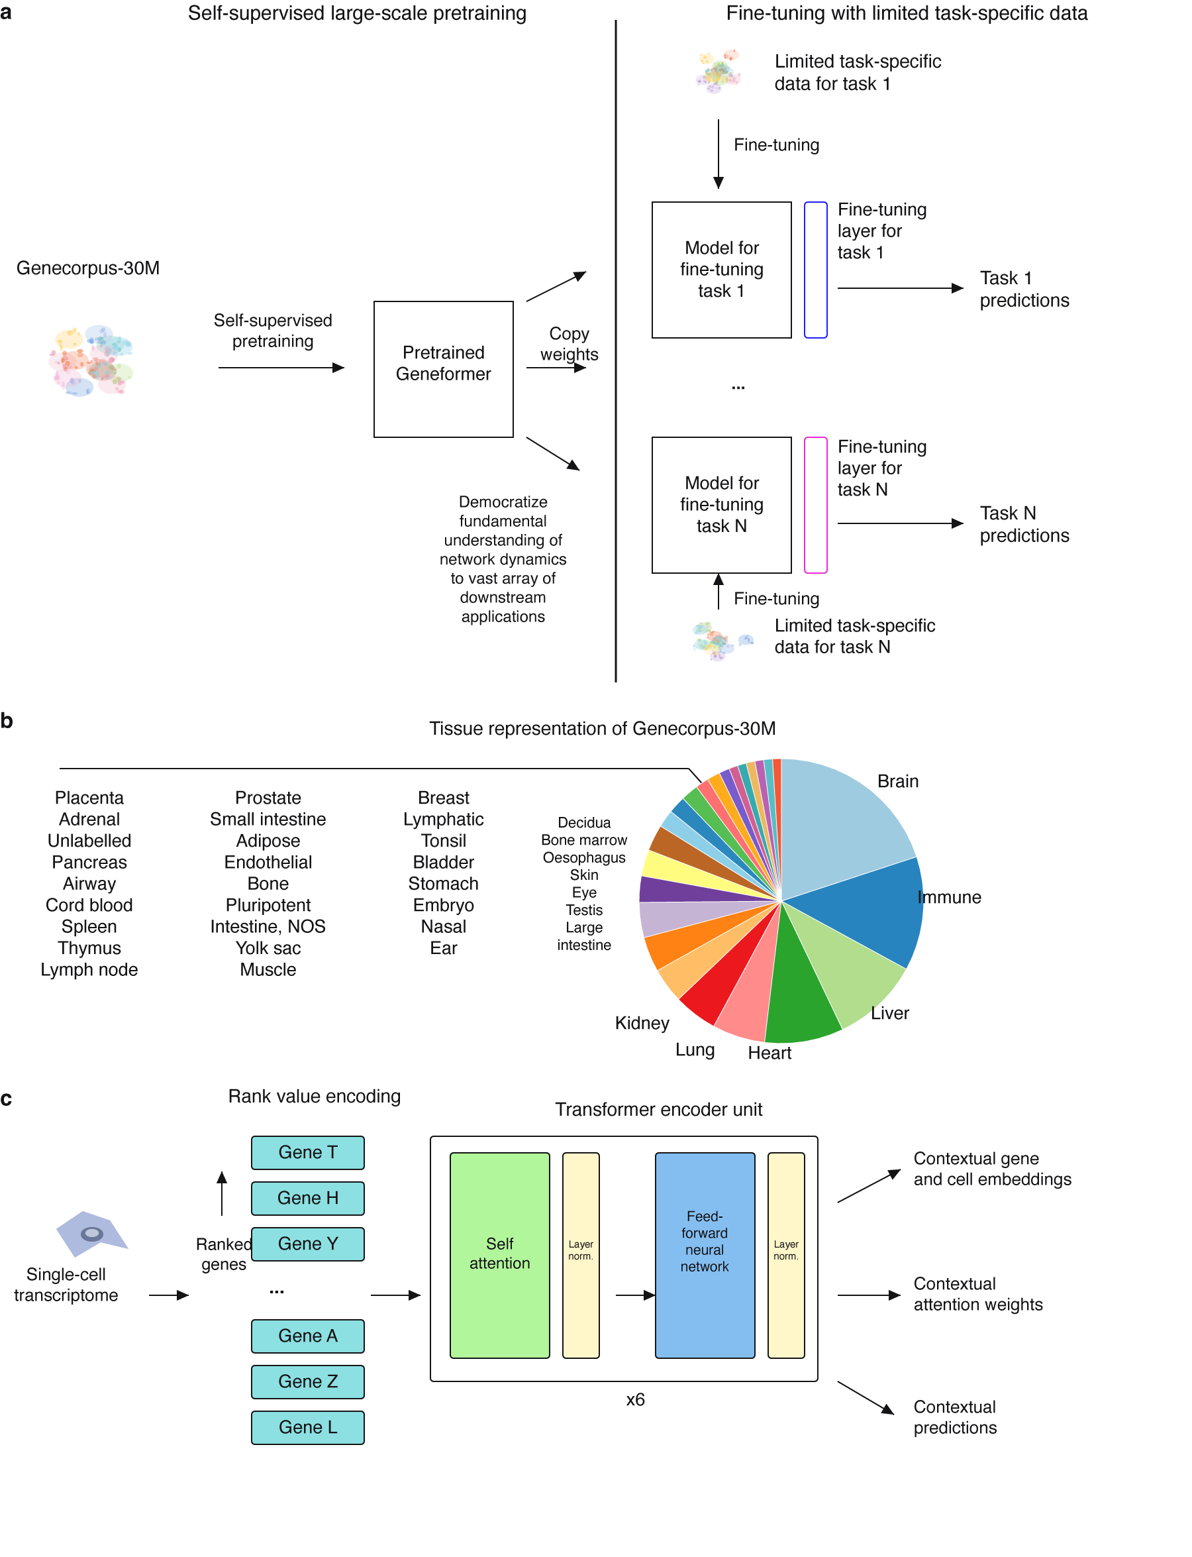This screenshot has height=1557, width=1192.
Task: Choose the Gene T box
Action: [308, 1152]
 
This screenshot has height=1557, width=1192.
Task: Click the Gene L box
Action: [308, 1427]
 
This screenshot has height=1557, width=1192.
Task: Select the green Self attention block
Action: [499, 1256]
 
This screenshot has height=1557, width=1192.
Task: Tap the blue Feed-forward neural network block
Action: [705, 1256]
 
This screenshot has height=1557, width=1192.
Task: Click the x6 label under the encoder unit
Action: [635, 1399]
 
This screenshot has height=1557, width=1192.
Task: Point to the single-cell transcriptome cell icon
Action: [91, 1234]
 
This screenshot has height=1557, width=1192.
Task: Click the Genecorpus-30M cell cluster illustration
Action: [91, 360]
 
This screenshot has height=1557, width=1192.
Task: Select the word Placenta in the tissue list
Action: [89, 797]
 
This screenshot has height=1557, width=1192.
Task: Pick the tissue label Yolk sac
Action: [268, 948]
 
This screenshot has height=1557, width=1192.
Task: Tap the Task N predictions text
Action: [1024, 524]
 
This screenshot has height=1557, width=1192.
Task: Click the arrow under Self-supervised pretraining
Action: [281, 368]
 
